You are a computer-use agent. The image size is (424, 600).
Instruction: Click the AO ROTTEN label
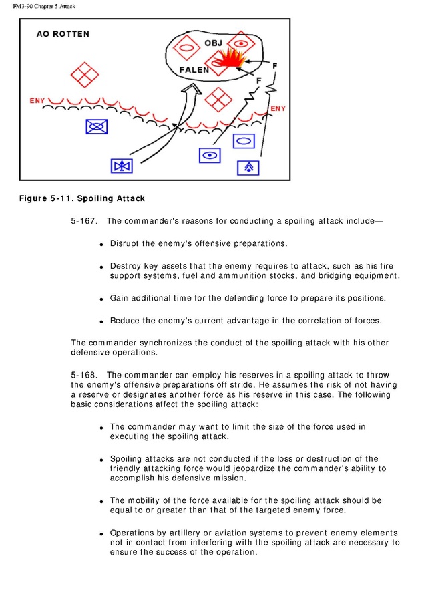coord(62,34)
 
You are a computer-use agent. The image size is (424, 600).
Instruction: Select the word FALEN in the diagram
coord(194,69)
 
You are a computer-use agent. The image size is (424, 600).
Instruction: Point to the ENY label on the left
coord(37,101)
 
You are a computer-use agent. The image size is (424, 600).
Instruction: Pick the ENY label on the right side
coord(278,108)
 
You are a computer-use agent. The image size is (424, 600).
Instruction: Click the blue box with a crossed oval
coord(97,126)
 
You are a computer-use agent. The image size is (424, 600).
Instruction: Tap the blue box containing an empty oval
coord(244,141)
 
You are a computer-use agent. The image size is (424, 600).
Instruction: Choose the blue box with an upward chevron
coord(248,167)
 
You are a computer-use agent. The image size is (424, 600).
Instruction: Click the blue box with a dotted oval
coord(210,156)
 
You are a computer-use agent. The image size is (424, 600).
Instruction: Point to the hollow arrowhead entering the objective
coord(192,92)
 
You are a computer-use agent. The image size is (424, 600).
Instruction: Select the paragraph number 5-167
coord(83,220)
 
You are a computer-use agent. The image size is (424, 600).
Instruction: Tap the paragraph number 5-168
coord(83,375)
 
